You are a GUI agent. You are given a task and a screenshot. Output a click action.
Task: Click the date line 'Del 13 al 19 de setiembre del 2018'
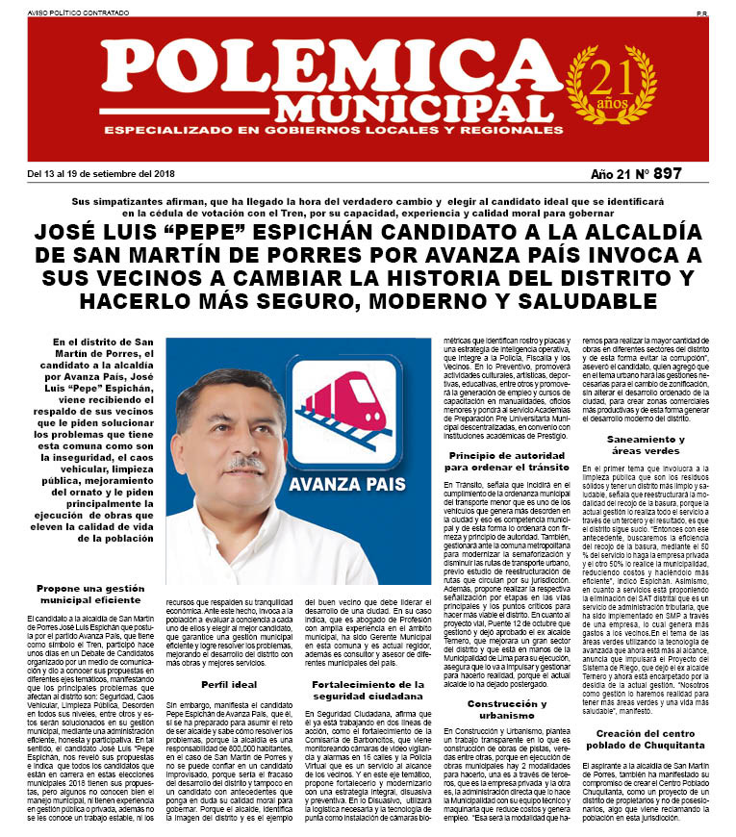coord(100,174)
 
